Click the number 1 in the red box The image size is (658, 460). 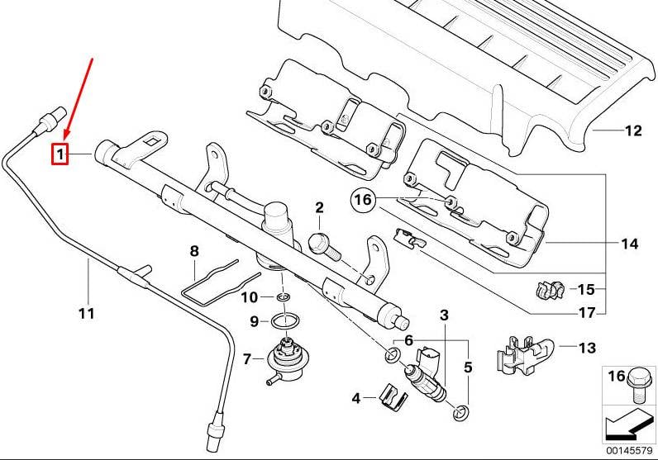tap(60, 154)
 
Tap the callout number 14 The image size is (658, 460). tap(629, 244)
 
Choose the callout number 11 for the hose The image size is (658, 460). tap(87, 313)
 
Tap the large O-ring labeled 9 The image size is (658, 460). tap(285, 320)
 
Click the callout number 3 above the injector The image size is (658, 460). tap(444, 315)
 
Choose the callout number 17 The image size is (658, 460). tap(585, 313)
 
